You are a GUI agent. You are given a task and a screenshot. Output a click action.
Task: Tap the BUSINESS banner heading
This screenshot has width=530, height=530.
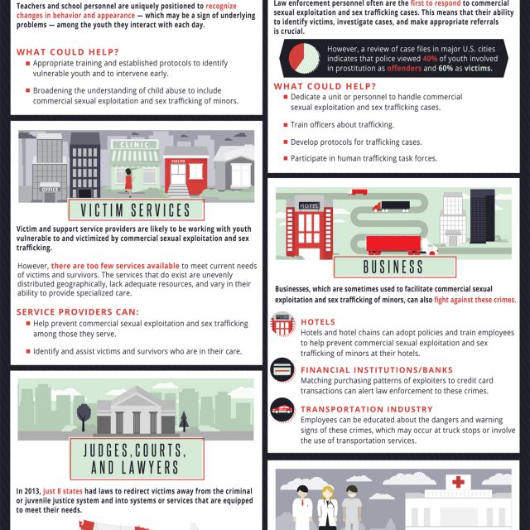[x=393, y=267]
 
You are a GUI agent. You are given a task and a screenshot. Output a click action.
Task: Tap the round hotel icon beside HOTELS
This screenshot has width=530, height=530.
[x=282, y=324]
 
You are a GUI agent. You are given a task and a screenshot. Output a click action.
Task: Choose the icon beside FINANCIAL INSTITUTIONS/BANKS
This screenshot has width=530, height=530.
[x=282, y=369]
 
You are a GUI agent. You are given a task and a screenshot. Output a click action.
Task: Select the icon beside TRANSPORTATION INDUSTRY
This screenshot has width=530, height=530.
[x=282, y=409]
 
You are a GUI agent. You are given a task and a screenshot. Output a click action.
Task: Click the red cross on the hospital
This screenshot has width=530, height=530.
[x=456, y=482]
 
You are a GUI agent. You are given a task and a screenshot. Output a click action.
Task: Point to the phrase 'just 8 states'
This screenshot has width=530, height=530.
[x=62, y=491]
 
